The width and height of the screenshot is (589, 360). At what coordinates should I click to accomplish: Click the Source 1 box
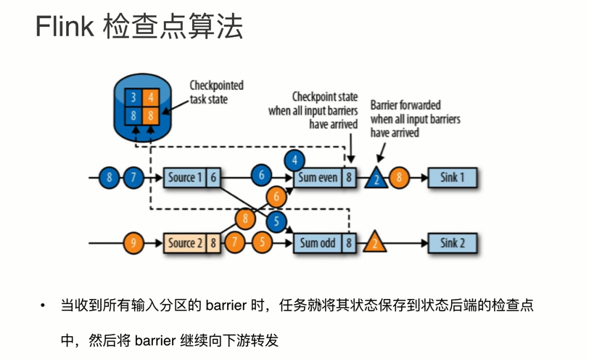[x=186, y=177]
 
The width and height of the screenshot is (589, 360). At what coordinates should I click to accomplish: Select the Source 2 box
[x=186, y=242]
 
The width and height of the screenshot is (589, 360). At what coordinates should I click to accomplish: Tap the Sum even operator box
[x=319, y=177]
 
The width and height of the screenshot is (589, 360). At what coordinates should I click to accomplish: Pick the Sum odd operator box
[x=319, y=242]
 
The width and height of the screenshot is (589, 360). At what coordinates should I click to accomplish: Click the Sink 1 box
[x=452, y=177]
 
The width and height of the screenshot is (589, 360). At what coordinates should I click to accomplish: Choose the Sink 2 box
[x=452, y=242]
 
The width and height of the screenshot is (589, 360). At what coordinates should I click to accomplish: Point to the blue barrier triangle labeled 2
[x=376, y=179]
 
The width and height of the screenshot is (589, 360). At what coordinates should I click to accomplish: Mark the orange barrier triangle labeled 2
[x=375, y=242]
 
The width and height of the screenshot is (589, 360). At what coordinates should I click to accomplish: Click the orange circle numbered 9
[x=132, y=242]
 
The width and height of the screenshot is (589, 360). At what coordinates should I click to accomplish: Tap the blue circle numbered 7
[x=133, y=177]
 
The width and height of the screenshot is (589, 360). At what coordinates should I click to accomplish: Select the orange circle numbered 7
[x=234, y=242]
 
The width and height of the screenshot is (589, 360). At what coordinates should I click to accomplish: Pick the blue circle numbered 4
[x=294, y=160]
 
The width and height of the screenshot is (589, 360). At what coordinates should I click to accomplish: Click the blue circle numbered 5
[x=276, y=221]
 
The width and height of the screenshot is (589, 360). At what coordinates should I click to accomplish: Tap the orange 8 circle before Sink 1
[x=400, y=177]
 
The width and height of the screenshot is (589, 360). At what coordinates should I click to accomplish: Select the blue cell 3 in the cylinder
[x=133, y=98]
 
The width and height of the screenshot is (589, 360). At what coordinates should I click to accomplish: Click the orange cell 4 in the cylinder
[x=150, y=98]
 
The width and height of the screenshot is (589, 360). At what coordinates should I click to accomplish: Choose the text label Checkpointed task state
[x=216, y=92]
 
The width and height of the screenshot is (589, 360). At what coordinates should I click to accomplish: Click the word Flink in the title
[x=65, y=28]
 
